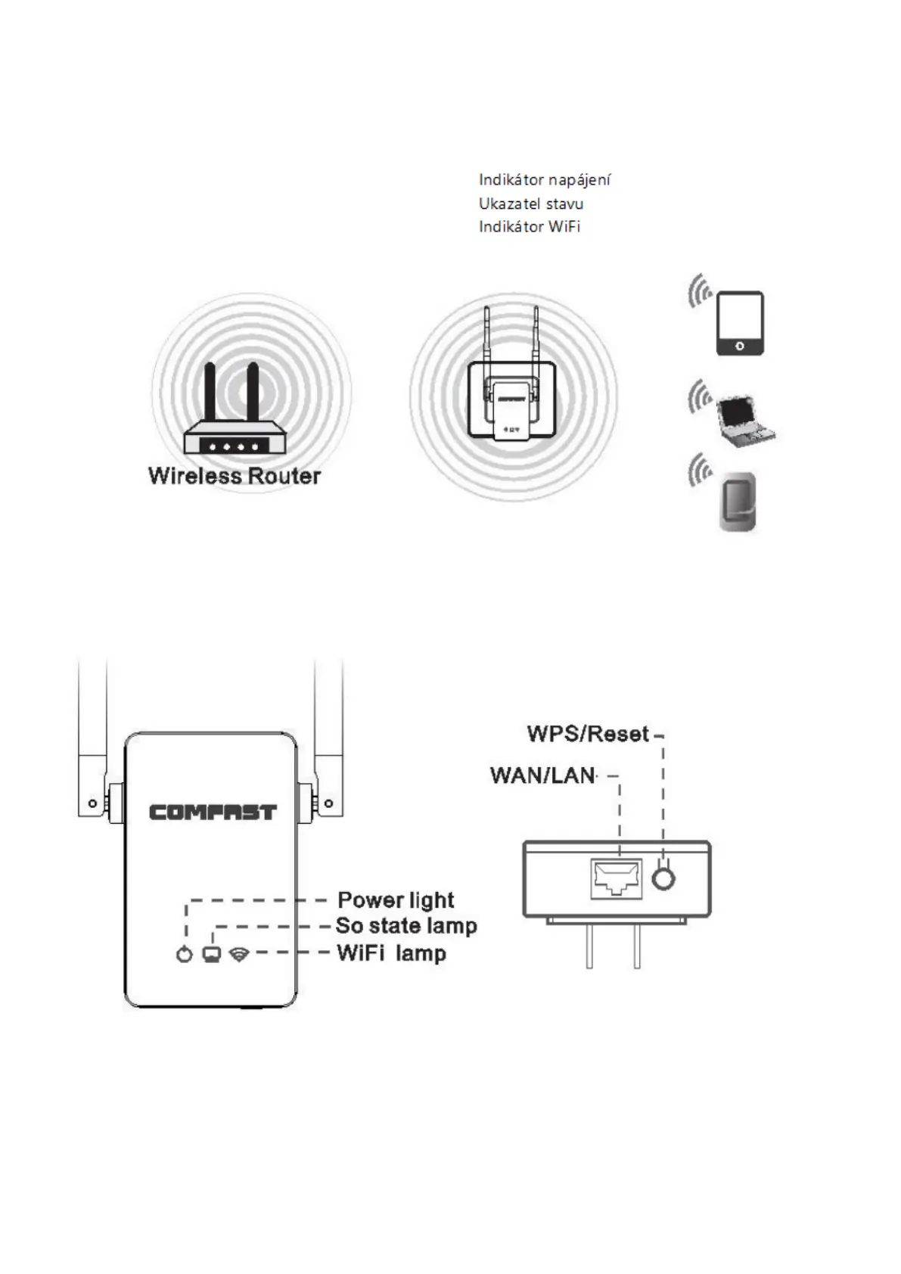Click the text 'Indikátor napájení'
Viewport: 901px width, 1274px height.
click(545, 180)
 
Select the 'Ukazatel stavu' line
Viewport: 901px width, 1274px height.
click(530, 204)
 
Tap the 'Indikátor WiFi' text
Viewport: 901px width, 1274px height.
click(529, 226)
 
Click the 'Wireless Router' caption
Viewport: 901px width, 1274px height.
click(235, 476)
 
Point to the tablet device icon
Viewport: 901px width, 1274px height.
click(739, 323)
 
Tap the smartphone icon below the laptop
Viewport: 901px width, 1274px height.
click(738, 501)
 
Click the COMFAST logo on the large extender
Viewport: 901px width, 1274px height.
click(213, 813)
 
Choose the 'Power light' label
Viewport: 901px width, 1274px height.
click(396, 900)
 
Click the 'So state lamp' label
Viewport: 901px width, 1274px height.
click(406, 926)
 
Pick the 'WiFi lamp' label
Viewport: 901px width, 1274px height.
click(391, 952)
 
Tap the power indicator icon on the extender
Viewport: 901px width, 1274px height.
click(184, 954)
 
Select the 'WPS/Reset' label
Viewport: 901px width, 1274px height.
click(588, 734)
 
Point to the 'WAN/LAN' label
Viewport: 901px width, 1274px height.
click(542, 775)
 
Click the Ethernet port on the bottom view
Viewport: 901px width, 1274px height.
click(616, 878)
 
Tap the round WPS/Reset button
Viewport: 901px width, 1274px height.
click(663, 878)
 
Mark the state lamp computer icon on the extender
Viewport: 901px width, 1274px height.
click(212, 954)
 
